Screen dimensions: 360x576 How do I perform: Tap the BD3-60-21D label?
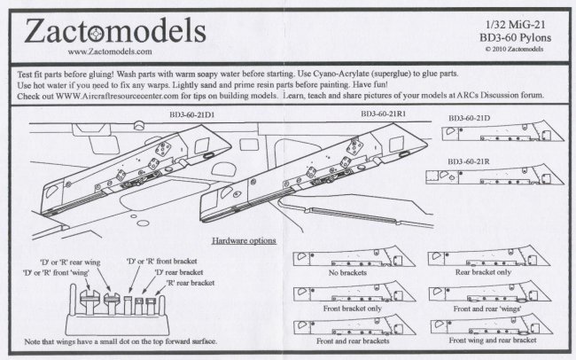tap(475, 118)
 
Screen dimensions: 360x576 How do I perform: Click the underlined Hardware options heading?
tap(245, 240)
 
